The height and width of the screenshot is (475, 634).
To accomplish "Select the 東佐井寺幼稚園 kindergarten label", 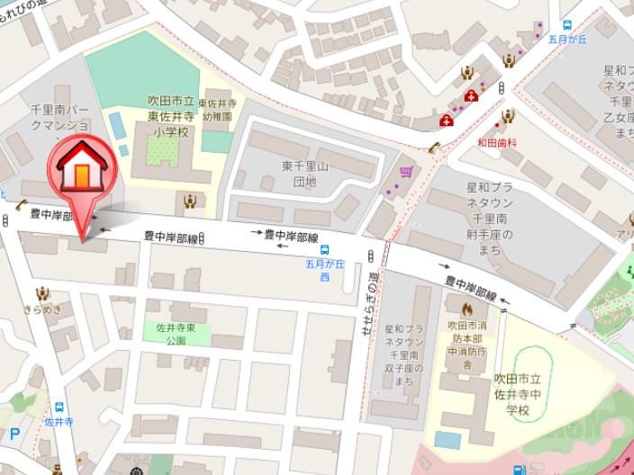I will (216, 109).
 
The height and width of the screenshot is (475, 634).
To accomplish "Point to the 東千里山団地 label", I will (299, 174).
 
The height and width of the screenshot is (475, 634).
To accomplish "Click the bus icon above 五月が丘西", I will (323, 251).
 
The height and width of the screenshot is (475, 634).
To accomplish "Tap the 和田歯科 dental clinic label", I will (496, 141).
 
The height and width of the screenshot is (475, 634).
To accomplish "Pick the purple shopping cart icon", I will (407, 171).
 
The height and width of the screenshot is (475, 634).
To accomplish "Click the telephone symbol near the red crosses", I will (434, 148).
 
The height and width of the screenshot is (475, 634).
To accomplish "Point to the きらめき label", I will (41, 309).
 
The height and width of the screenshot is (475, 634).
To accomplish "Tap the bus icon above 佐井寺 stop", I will (59, 406).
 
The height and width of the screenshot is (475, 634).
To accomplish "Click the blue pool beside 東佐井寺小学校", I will (117, 123).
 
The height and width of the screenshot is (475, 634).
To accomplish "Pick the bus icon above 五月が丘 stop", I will (568, 25).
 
